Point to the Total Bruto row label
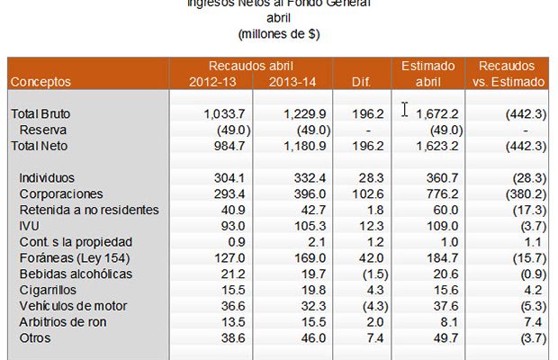click(40, 114)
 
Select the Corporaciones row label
click(61, 193)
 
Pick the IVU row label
click(31, 225)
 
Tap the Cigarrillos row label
click(52, 290)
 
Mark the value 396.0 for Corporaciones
click(308, 193)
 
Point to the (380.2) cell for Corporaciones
click(522, 193)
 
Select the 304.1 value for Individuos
click(230, 178)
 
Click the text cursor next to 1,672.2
click(405, 110)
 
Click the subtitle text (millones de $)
click(280, 34)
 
